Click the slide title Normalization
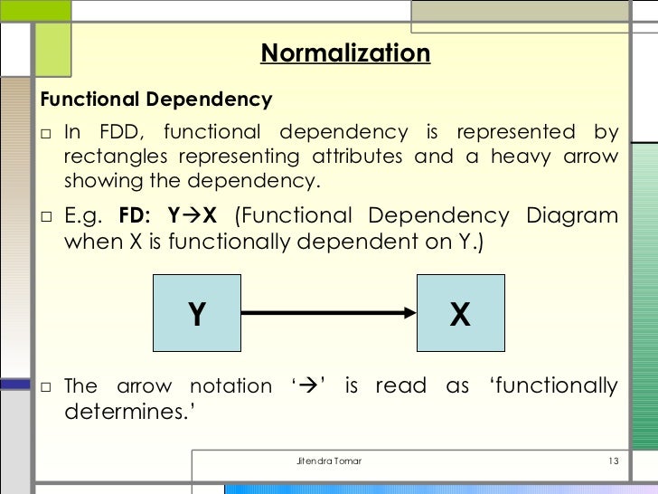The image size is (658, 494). coord(345,53)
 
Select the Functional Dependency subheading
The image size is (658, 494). coord(155,99)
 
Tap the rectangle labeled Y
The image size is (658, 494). coord(196,314)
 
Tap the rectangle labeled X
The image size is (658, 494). coord(460,314)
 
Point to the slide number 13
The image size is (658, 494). coord(612,462)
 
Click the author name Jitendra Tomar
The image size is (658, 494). coord(329,462)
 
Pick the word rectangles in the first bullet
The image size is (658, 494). coord(112,156)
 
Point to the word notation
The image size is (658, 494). coord(230,386)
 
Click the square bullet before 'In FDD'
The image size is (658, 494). coord(46,133)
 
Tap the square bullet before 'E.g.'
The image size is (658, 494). coord(46,217)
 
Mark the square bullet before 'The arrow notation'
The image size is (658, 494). coord(46,387)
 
